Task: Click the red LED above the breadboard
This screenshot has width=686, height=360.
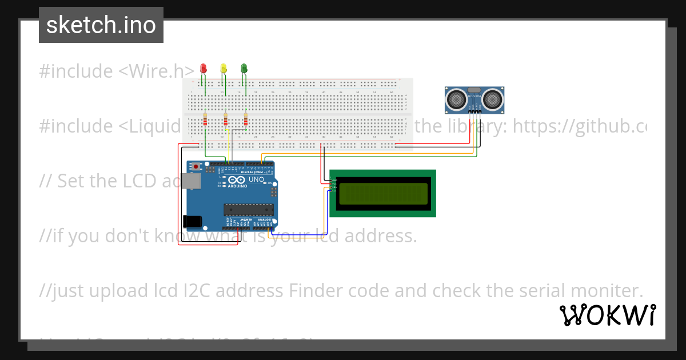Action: tap(203, 69)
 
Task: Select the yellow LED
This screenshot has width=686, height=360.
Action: tap(224, 69)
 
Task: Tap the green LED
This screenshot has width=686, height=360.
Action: tap(244, 69)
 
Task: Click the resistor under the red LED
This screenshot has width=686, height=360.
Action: tap(205, 121)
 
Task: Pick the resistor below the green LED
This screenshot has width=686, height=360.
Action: tap(246, 121)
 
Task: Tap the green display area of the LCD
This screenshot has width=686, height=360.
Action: tap(383, 194)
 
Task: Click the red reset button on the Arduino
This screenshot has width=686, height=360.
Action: tap(196, 167)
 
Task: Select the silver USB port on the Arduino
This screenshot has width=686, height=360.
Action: tap(193, 181)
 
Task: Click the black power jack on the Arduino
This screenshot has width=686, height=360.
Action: tap(192, 221)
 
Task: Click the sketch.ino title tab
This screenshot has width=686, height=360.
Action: tap(101, 25)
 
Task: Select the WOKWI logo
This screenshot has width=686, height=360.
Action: tap(607, 315)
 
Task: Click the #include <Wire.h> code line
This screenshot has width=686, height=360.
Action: tap(117, 71)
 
